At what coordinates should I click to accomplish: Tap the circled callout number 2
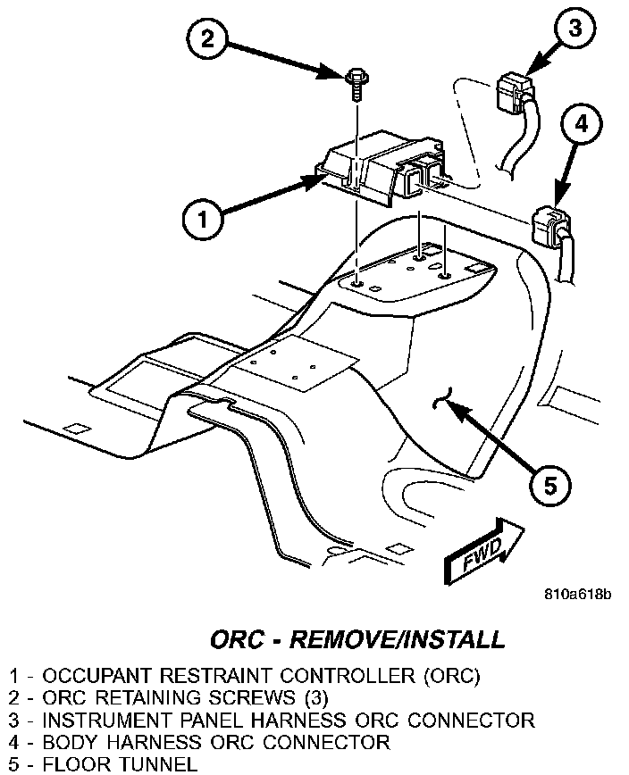point(207,37)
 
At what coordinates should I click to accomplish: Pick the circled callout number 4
point(582,125)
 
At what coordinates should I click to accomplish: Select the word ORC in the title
point(239,639)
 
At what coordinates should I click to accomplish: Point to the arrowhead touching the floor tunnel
point(452,406)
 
